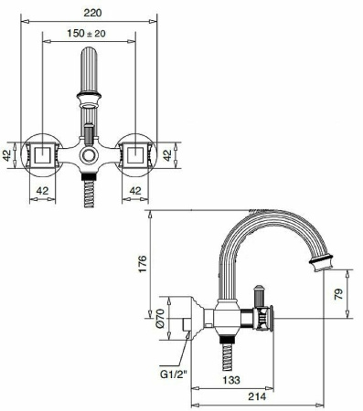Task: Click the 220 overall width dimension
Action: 90,13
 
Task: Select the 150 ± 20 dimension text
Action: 90,33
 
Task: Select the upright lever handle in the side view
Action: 259,300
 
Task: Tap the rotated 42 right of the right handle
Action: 170,156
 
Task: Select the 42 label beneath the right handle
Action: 134,190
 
